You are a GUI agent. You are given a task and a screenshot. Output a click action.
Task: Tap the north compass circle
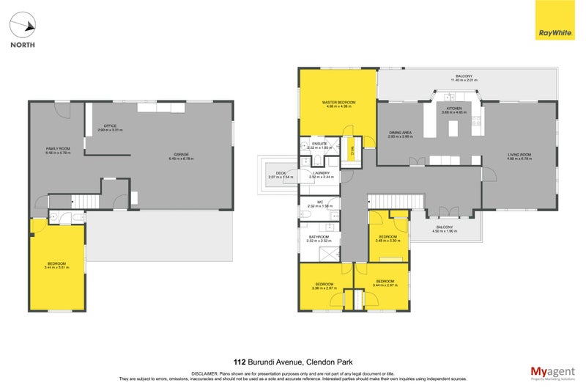(21, 27)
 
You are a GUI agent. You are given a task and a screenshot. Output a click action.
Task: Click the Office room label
(110, 125)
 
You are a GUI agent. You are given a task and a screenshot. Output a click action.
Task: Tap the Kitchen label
(454, 108)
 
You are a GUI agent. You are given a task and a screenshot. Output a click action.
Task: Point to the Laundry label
(321, 173)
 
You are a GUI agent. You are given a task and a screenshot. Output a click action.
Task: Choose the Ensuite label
(319, 143)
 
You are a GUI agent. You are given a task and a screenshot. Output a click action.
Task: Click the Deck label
(271, 173)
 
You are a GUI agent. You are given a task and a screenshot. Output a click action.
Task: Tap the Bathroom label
(319, 237)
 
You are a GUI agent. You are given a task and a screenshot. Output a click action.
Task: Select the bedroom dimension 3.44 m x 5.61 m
(57, 268)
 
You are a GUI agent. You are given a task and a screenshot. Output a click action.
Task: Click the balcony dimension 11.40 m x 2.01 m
(464, 81)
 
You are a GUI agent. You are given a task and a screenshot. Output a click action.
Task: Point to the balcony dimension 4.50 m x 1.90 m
(445, 231)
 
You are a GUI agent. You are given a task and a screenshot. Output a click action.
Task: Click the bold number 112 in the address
(239, 362)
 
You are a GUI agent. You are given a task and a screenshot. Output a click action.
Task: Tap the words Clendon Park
(330, 362)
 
